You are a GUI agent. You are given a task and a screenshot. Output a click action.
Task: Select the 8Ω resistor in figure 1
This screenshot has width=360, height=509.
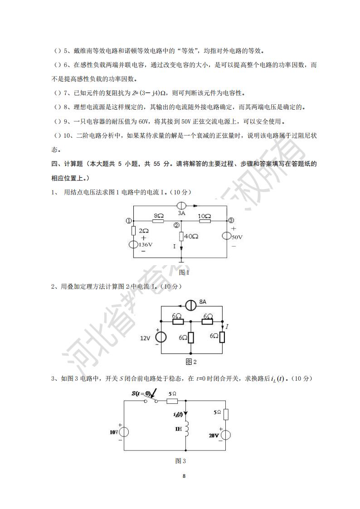(158, 221)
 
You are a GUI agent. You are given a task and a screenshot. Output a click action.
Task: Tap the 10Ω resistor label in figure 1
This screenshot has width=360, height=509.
(204, 216)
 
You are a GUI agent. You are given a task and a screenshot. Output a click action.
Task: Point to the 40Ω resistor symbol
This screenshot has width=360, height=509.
(181, 237)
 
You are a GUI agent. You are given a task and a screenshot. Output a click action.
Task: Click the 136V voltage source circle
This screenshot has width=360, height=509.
(134, 245)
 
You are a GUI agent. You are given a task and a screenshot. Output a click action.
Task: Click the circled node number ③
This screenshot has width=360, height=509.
(231, 221)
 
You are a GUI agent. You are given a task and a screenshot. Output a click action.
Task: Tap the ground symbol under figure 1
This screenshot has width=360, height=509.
(181, 261)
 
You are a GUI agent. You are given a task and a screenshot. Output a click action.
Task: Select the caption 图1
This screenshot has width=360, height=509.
(184, 272)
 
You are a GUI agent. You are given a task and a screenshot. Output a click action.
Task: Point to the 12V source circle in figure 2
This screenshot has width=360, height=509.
(161, 338)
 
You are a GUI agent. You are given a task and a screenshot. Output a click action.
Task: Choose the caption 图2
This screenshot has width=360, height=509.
(191, 362)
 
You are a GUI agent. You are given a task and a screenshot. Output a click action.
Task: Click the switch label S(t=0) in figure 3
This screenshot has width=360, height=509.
(142, 393)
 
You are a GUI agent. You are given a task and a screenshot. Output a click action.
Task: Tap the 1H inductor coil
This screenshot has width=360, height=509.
(187, 428)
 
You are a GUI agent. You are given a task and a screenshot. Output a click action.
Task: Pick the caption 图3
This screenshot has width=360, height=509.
(180, 461)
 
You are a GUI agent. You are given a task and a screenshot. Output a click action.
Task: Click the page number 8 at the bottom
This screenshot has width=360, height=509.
(184, 476)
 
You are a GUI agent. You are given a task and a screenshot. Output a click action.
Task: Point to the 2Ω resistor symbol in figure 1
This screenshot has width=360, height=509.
(134, 231)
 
